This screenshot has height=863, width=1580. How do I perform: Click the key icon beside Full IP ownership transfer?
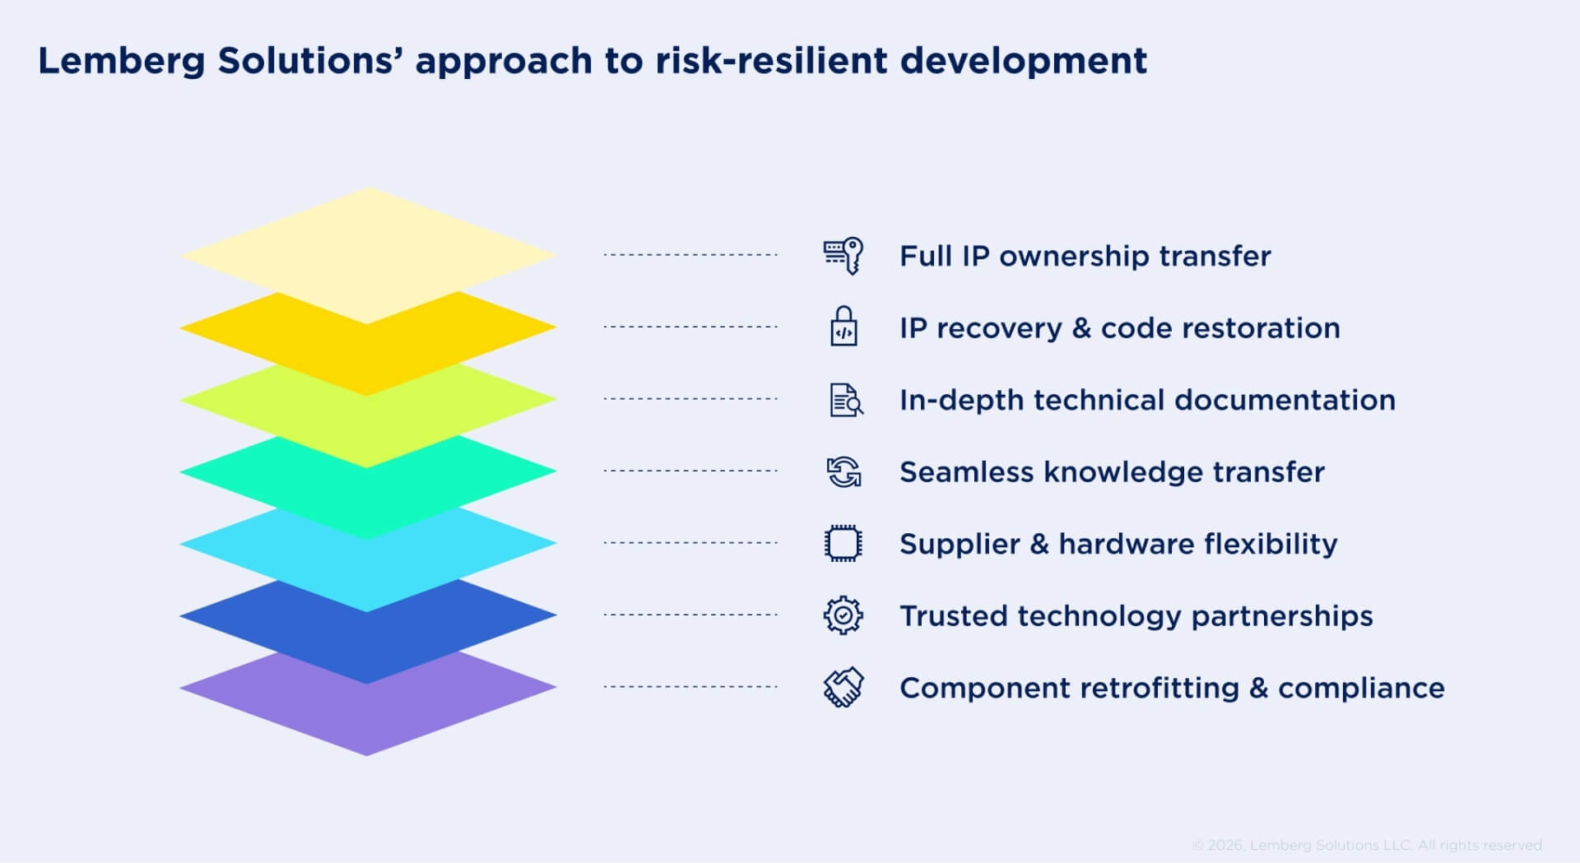843,256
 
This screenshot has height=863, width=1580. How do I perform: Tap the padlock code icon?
843,327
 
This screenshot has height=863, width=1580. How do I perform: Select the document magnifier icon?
845,400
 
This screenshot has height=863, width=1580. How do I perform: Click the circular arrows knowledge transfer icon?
843,472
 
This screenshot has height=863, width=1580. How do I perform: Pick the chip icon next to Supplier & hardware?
843,544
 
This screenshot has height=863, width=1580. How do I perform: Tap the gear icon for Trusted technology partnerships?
843,615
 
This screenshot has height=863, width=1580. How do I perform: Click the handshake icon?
843,687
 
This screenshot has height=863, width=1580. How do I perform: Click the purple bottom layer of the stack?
368,716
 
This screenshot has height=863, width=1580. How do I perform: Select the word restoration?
1261,328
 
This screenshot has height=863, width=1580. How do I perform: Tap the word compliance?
1361,688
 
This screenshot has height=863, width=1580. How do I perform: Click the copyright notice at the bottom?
1366,845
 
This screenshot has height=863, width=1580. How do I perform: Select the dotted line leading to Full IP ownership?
690,255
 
